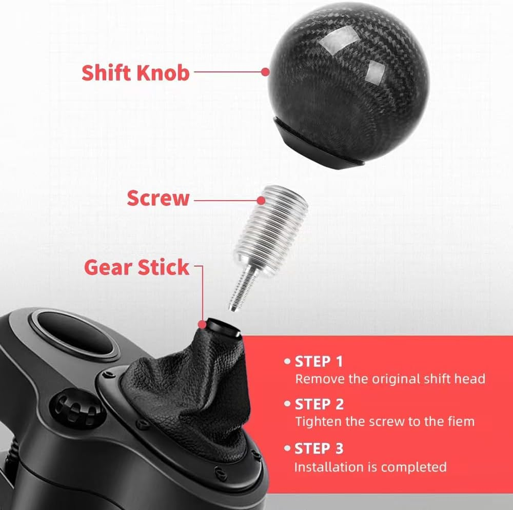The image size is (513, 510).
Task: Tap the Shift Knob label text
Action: point(135,72)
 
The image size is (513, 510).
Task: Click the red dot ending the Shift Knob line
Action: point(265,72)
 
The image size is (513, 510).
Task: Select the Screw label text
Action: point(158,198)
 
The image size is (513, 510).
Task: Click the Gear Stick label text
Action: point(136,267)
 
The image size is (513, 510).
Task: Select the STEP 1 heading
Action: point(318,362)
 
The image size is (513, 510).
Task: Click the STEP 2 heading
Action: point(319,404)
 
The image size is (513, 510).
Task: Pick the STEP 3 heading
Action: point(319,449)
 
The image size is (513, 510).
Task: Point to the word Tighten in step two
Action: point(314,422)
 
